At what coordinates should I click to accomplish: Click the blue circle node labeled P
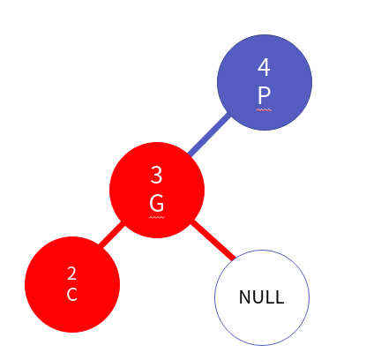click(x=265, y=82)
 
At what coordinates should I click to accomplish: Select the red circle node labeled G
click(x=157, y=190)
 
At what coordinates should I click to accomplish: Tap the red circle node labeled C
click(x=72, y=284)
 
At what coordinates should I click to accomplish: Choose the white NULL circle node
click(x=262, y=297)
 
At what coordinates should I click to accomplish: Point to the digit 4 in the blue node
click(x=264, y=67)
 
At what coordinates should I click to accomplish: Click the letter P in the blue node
click(x=264, y=95)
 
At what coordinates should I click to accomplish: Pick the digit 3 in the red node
click(x=156, y=175)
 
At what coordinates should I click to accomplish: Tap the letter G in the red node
click(x=157, y=203)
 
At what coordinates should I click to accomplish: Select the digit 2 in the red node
click(x=72, y=274)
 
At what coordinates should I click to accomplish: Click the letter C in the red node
click(x=72, y=295)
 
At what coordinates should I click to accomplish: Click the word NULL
click(x=262, y=297)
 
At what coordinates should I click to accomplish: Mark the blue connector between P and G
click(x=209, y=135)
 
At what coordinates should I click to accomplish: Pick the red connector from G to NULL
click(x=213, y=240)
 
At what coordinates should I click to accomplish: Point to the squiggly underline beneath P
click(x=264, y=110)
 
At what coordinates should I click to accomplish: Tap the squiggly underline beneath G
click(x=157, y=218)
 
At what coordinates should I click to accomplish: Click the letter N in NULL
click(x=245, y=297)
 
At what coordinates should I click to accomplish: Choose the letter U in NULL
click(x=259, y=297)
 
